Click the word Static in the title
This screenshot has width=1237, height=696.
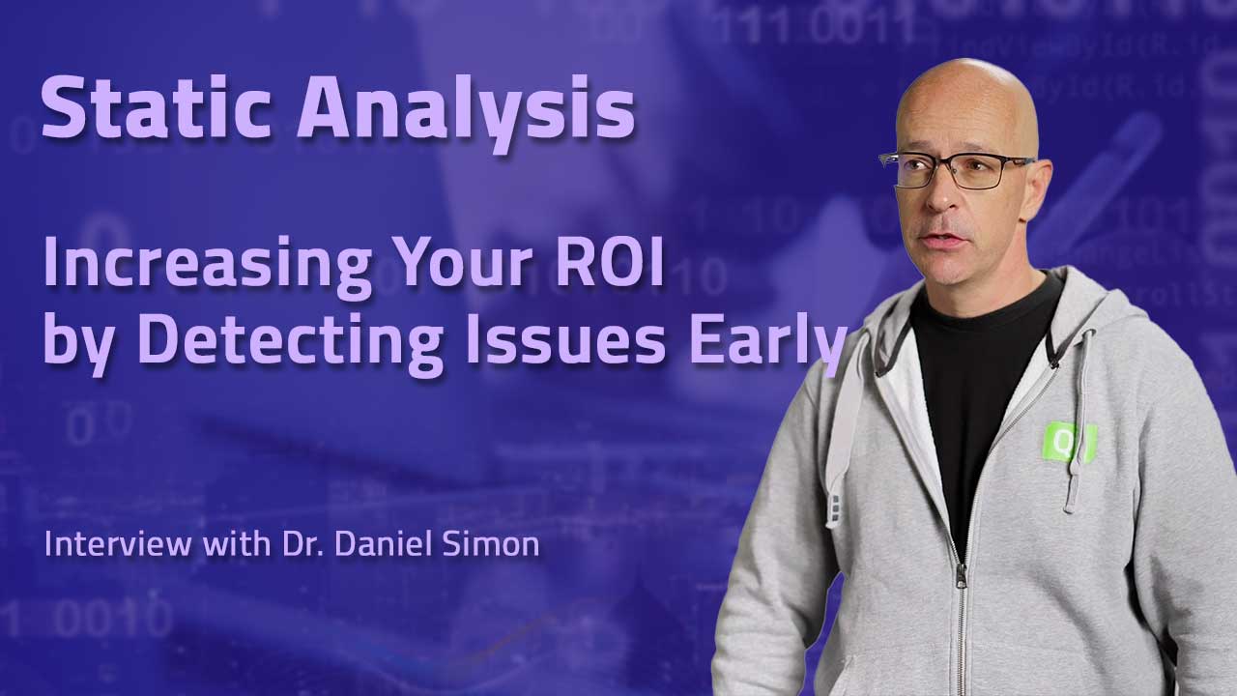click(x=157, y=107)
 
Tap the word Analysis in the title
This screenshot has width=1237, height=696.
click(x=467, y=114)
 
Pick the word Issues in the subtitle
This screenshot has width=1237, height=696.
click(x=566, y=338)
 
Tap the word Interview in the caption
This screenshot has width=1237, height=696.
click(x=118, y=543)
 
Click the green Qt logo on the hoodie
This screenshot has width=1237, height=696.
click(x=1068, y=441)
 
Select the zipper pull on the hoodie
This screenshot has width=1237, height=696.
click(x=962, y=575)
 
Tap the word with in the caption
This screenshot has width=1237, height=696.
click(x=237, y=543)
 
